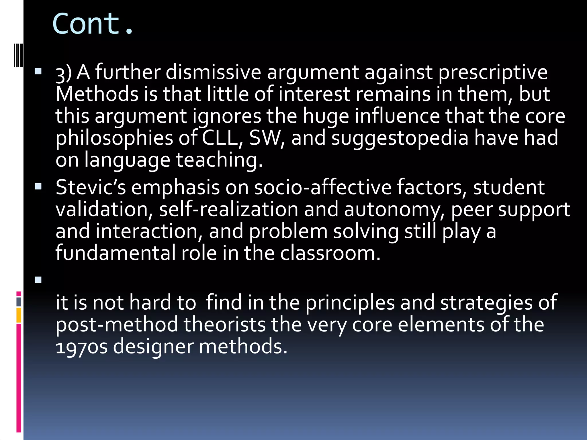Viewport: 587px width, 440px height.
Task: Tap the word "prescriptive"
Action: tap(493, 73)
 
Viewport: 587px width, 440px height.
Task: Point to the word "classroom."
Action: tap(330, 253)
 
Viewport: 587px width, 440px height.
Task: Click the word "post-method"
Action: tap(117, 325)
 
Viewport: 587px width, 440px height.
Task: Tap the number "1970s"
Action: tap(82, 347)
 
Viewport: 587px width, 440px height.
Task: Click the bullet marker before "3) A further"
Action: tap(38, 71)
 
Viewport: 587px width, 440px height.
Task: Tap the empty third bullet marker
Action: tap(38, 279)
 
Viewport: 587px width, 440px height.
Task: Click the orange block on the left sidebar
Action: tap(19, 315)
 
